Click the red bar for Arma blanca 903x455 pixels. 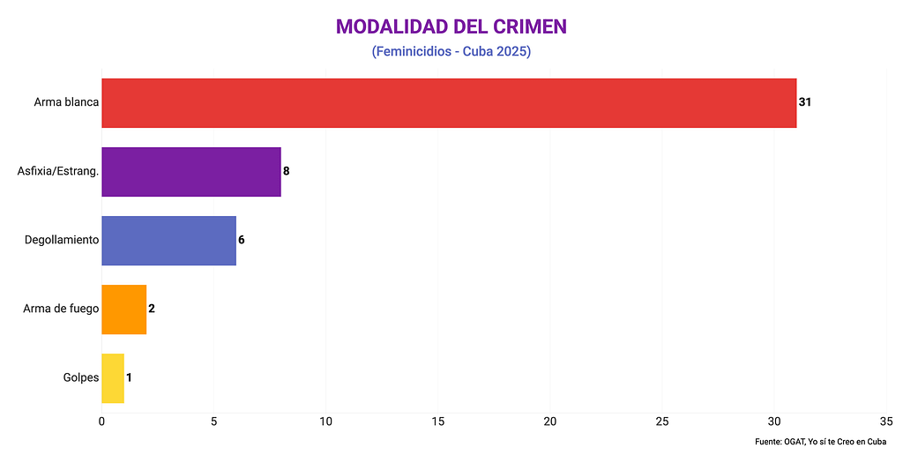coord(449,102)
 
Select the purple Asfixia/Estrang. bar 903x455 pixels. coord(191,171)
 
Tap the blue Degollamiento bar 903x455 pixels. coord(168,240)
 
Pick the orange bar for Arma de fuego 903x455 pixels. coord(123,309)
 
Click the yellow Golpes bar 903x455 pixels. coord(113,377)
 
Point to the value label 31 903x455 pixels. coord(804,102)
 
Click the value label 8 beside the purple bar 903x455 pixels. coord(286,171)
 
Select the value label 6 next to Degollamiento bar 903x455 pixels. coord(241,240)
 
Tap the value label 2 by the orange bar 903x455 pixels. coord(152,309)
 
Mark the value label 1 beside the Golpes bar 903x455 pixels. coord(129,377)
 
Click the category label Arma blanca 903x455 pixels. coord(66,102)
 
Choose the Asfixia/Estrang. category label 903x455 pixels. coord(57,171)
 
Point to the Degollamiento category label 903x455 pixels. coord(62,240)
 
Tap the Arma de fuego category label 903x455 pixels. coord(61,309)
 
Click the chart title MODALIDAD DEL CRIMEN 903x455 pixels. coord(451,26)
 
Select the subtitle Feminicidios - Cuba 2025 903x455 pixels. coord(451,52)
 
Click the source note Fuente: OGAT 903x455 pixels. coord(820,441)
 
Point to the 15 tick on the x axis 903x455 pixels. coord(437,421)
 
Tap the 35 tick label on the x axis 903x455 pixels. coord(886,421)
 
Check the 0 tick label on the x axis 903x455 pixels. coord(101,421)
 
